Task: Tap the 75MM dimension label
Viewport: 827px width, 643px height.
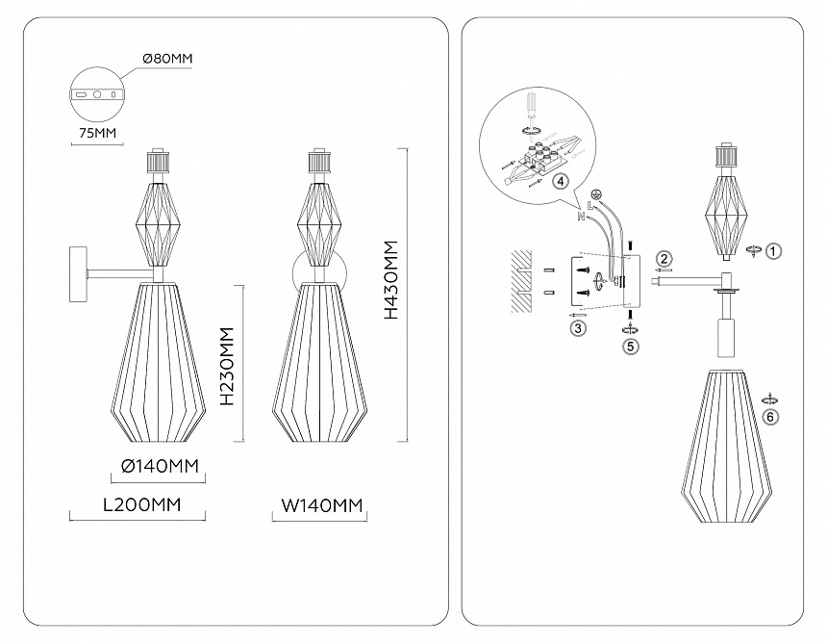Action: point(93,133)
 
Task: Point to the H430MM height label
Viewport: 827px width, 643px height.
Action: point(391,279)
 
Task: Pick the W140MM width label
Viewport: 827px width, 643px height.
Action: point(322,504)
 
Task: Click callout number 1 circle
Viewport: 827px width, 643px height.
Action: point(775,250)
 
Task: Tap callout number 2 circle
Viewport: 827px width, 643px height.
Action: point(664,257)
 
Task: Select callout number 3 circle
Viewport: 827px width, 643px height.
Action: point(578,328)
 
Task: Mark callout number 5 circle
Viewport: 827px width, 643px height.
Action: point(630,346)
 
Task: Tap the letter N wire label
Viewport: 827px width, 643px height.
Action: point(580,218)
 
